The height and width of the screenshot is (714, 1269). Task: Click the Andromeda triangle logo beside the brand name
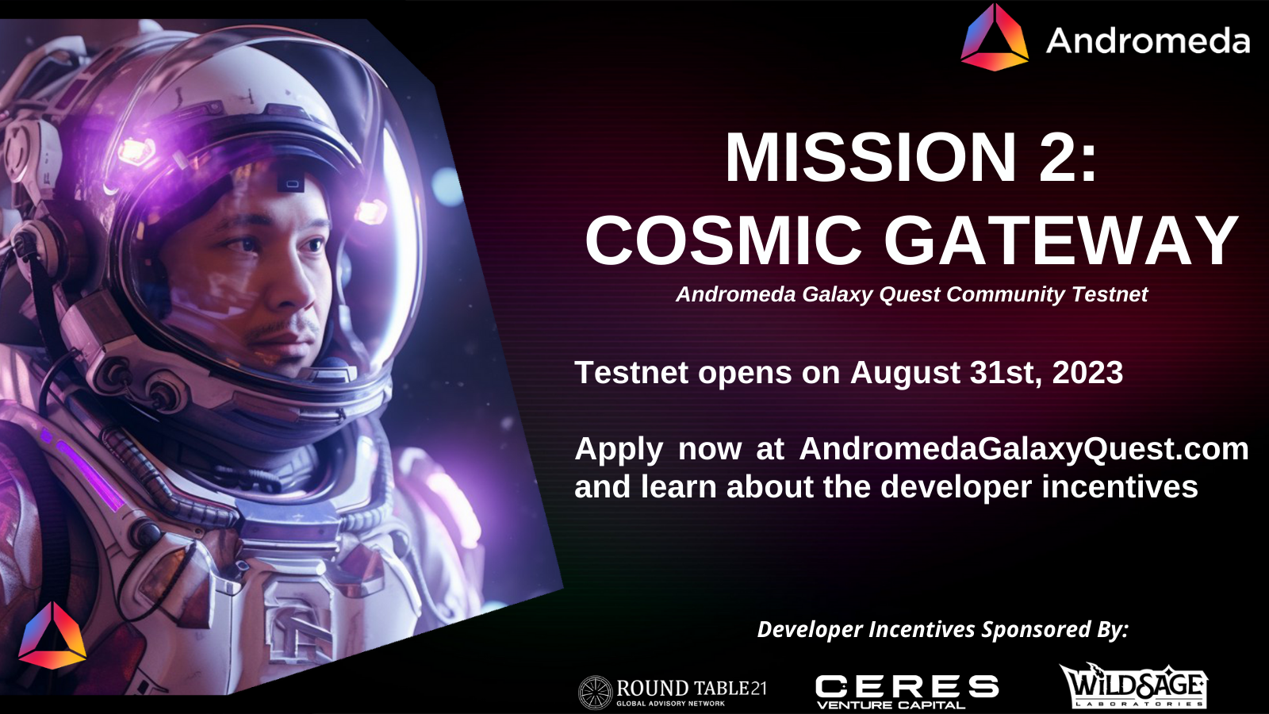[995, 40]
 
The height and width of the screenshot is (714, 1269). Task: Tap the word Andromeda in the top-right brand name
[1148, 41]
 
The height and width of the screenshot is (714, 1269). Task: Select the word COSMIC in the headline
[723, 240]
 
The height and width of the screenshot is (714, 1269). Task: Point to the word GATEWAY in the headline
[1060, 240]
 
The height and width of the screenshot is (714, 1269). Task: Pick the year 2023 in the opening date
[1087, 373]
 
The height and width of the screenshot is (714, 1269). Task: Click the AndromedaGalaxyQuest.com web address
[1024, 449]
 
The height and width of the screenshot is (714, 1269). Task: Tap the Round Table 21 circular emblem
[595, 692]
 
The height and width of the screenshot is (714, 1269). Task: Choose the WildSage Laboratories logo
[1133, 686]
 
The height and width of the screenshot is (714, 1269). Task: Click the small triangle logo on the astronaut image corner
[52, 636]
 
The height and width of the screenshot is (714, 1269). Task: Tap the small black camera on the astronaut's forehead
[291, 184]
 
